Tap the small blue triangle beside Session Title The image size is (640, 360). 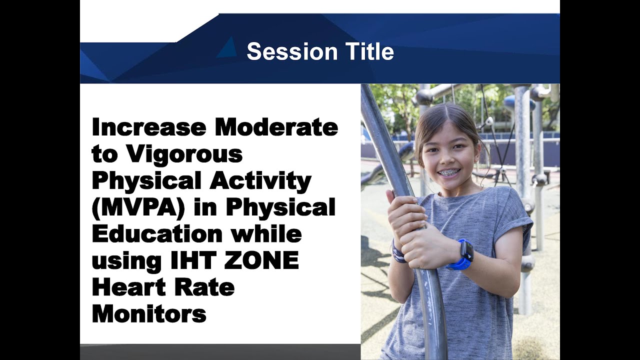(x=227, y=47)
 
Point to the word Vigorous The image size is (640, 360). (x=184, y=155)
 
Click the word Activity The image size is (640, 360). (x=260, y=181)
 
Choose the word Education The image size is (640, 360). (x=157, y=234)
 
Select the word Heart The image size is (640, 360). (x=127, y=288)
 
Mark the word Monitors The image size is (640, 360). (x=149, y=314)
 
